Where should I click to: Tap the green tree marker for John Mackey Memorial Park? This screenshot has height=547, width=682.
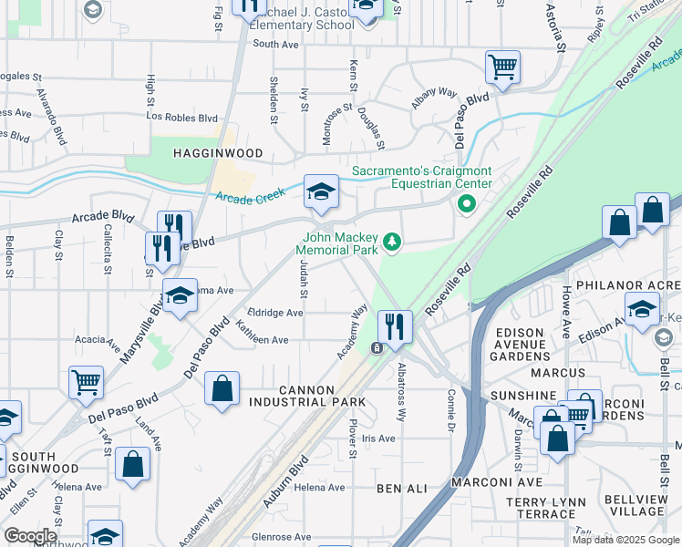click(x=392, y=242)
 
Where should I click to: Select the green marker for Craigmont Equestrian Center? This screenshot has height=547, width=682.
click(x=466, y=204)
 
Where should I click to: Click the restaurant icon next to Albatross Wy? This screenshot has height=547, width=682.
click(x=395, y=327)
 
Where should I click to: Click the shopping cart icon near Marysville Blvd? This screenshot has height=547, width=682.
click(x=87, y=383)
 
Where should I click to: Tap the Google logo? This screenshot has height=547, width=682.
click(x=30, y=536)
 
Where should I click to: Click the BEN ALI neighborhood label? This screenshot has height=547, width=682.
click(x=402, y=489)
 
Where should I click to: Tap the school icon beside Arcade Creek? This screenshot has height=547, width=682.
click(x=320, y=192)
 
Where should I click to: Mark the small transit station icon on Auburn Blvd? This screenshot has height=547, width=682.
click(x=376, y=348)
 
